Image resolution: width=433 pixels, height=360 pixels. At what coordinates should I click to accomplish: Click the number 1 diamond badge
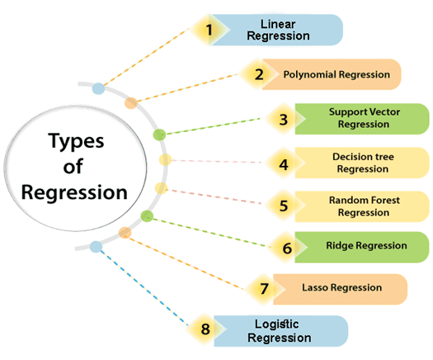point(209,30)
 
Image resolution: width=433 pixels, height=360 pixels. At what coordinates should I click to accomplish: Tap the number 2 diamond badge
point(259,74)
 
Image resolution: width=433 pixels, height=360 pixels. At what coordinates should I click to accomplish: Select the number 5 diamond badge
point(284,206)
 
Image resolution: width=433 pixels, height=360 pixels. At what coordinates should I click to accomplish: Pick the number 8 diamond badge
point(205,329)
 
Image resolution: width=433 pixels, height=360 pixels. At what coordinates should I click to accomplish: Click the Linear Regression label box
point(276,30)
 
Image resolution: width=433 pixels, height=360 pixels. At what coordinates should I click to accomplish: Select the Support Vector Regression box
point(362,119)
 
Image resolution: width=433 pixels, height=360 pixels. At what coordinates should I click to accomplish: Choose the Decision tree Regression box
point(362,163)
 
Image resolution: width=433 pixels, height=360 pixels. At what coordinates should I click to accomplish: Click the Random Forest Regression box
point(362,206)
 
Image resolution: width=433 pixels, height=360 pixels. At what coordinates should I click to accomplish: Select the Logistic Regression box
point(280,331)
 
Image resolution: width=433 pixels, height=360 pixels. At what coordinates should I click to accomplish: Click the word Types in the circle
point(76,142)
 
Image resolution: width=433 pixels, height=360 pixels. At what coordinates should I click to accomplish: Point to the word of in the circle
point(73,167)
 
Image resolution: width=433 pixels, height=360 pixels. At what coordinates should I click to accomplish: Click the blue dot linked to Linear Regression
point(98,88)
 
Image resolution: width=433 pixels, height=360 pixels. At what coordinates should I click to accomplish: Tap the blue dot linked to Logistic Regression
point(96,247)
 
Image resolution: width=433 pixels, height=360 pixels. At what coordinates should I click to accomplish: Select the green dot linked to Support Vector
point(159,135)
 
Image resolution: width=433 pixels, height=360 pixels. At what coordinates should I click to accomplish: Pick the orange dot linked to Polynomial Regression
point(130,103)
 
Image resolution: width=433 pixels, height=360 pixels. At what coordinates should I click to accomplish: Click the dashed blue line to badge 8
point(144,287)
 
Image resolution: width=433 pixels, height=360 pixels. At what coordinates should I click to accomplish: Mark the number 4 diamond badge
point(284,165)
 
